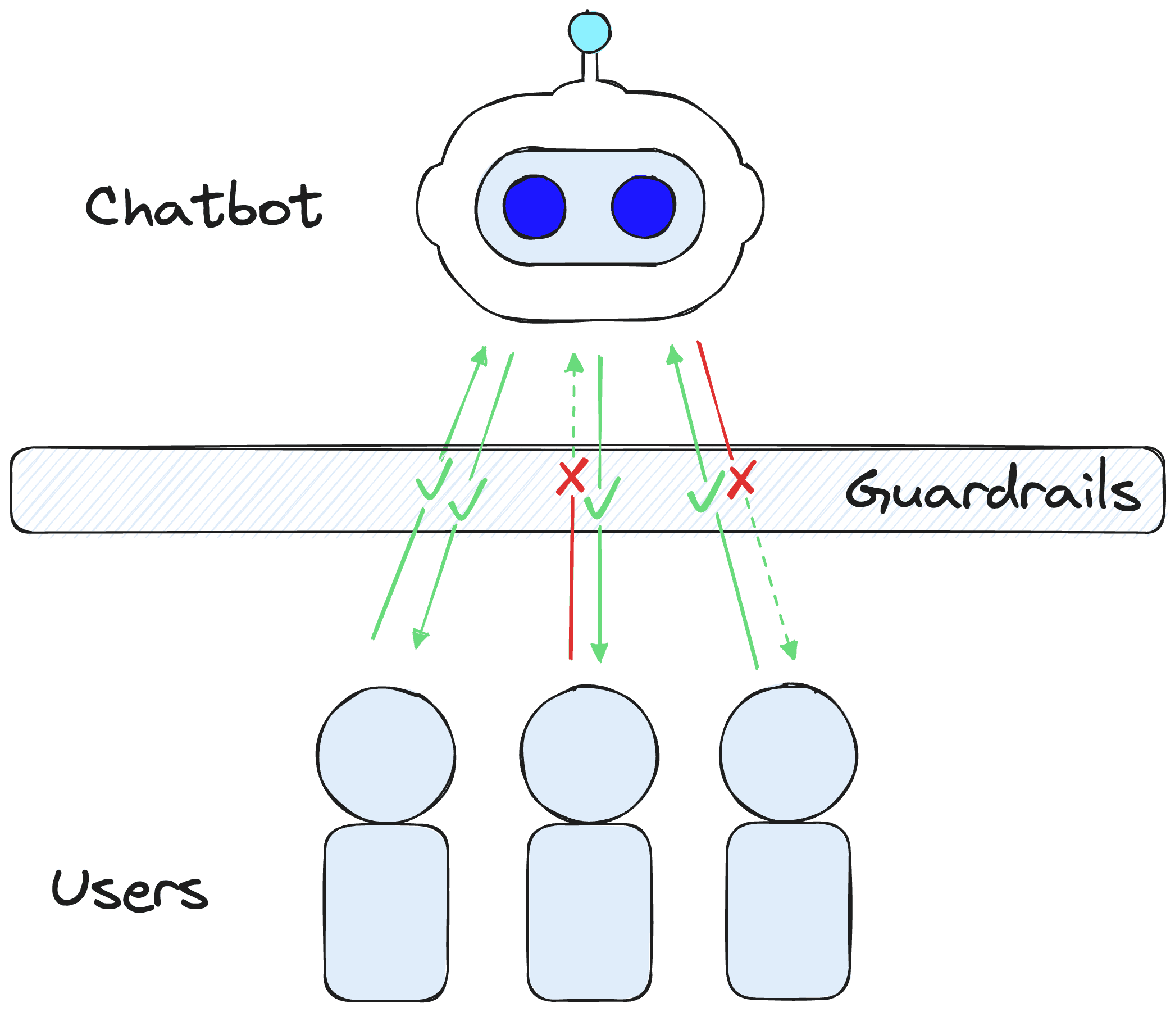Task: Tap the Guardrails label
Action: pos(993,491)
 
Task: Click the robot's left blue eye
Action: pos(534,207)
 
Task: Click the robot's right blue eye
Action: pos(643,207)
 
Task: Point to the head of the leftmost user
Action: pos(386,755)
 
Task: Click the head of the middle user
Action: pos(589,754)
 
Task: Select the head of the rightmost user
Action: pos(788,753)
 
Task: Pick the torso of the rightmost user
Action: pos(788,910)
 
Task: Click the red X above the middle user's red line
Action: pos(572,478)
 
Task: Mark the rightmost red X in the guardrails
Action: pos(741,480)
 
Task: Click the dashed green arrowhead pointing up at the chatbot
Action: pos(575,363)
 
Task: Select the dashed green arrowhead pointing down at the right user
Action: pos(790,650)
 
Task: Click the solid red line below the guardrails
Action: pos(572,579)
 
